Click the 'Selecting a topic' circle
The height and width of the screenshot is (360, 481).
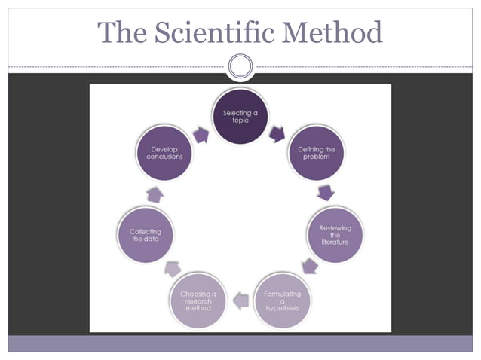click(x=240, y=116)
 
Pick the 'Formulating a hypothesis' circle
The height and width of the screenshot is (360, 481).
click(x=282, y=300)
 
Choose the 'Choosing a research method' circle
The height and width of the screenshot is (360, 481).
click(x=198, y=300)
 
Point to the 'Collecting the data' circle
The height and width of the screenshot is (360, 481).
click(x=146, y=235)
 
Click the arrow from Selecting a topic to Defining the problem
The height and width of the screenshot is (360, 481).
click(x=276, y=134)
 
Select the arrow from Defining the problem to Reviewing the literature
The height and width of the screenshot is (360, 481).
click(x=326, y=194)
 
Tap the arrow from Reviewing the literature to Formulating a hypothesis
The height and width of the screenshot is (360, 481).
click(x=308, y=266)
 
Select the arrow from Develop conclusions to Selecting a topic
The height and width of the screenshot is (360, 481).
click(x=202, y=134)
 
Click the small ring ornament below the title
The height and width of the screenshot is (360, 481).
click(x=240, y=66)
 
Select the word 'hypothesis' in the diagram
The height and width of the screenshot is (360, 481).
click(x=282, y=308)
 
